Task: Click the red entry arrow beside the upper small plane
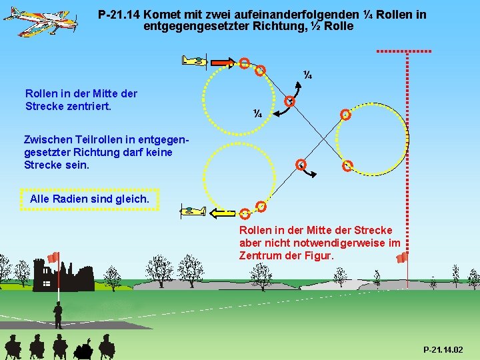[x=220, y=62]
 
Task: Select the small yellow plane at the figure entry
[x=195, y=61]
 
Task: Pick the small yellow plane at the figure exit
[x=194, y=212]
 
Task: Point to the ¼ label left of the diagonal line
[x=257, y=113]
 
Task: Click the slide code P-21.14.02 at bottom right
[x=443, y=350]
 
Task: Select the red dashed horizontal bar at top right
[x=404, y=51]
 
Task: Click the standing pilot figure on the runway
[x=59, y=315]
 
